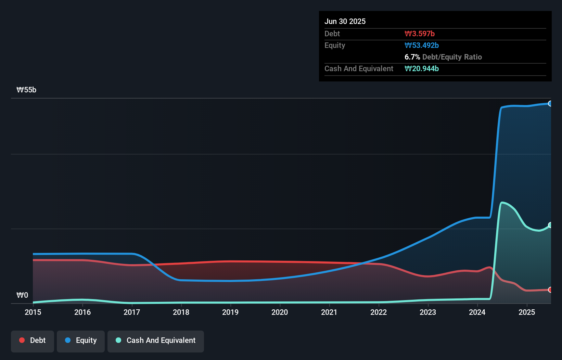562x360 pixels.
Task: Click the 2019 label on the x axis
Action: pyautogui.click(x=230, y=312)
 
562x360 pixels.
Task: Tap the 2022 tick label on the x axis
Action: pyautogui.click(x=379, y=312)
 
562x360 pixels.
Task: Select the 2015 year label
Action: pyautogui.click(x=33, y=312)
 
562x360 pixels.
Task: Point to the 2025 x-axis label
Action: pyautogui.click(x=527, y=312)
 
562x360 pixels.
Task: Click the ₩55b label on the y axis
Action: pyautogui.click(x=26, y=90)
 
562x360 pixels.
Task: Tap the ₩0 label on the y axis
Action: pyautogui.click(x=22, y=295)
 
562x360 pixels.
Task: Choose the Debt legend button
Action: pyautogui.click(x=33, y=340)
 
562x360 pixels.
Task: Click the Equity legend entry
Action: pyautogui.click(x=81, y=340)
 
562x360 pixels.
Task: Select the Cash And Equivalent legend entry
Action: pyautogui.click(x=156, y=340)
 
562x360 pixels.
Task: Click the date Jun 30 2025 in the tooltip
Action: pyautogui.click(x=345, y=21)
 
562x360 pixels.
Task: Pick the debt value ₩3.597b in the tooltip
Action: pyautogui.click(x=420, y=34)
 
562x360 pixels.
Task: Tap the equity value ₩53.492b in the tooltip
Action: pyautogui.click(x=422, y=45)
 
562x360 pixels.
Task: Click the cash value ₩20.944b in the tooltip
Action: pyautogui.click(x=422, y=68)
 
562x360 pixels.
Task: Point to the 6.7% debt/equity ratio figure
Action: pyautogui.click(x=412, y=57)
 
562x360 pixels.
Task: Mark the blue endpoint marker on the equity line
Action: pyautogui.click(x=550, y=103)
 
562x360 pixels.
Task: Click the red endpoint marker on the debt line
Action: pyautogui.click(x=550, y=290)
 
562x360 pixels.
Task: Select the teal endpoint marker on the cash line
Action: pyautogui.click(x=550, y=225)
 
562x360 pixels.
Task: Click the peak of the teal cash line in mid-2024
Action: pyautogui.click(x=502, y=203)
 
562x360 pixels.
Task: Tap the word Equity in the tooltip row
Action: pyautogui.click(x=335, y=45)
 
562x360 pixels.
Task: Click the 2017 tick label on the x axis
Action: pyautogui.click(x=132, y=312)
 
